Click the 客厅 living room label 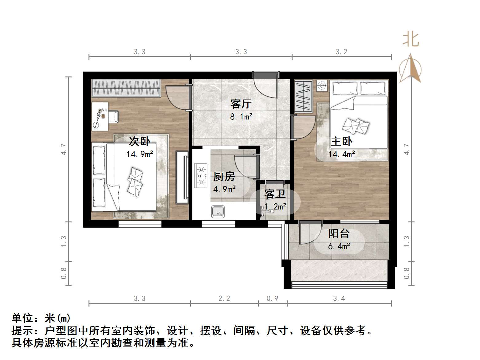coord(241,104)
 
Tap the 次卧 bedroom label coord(139,141)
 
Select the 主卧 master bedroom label coord(341,141)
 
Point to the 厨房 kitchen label coord(224,176)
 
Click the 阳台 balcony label coord(339,233)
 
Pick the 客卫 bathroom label coord(275,194)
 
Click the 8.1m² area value coord(241,117)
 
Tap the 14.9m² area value coord(140,154)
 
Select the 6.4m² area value coord(339,246)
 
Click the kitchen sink coord(218,212)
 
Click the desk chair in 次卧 coord(113,117)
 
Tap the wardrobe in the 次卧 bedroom coord(126,88)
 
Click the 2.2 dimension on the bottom coord(224,298)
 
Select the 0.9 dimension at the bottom coord(272,298)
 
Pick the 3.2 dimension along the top coord(341,52)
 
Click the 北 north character coord(411,40)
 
